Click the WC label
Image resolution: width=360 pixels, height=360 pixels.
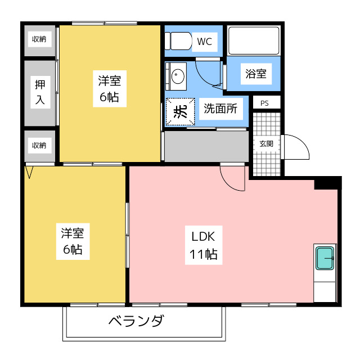204,41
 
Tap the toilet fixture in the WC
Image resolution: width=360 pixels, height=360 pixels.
179,40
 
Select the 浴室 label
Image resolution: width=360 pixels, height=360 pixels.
255,73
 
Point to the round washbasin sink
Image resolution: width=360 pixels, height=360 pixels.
178,76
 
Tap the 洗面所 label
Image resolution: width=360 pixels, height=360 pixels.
220,109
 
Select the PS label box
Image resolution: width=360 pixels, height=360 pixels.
264,103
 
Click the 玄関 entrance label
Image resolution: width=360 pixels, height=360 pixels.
266,144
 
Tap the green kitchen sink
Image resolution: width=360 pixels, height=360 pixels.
325,258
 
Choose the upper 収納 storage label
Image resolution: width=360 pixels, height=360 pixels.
39,39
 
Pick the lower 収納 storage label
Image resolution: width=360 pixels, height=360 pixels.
39,145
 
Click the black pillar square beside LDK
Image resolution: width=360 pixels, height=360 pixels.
327,183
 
